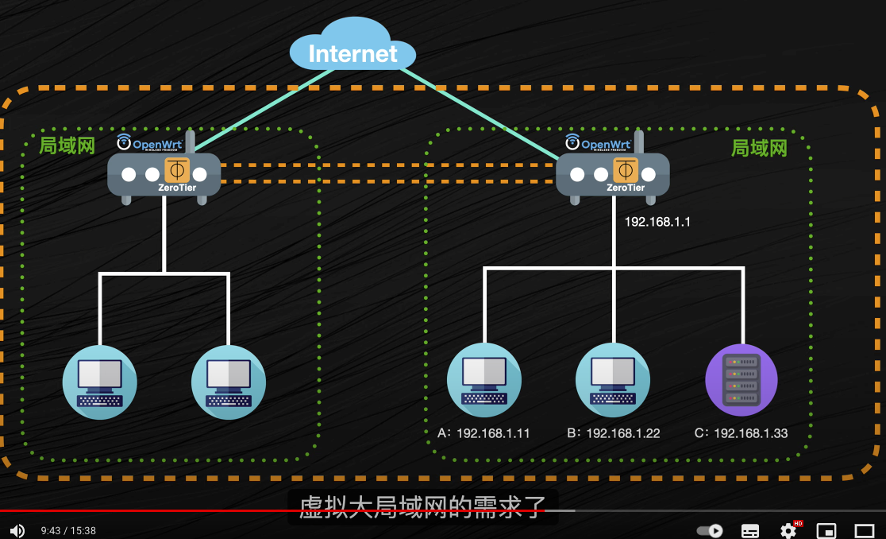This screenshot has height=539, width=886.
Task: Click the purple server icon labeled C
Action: [x=742, y=380]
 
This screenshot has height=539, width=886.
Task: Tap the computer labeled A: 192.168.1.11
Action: [x=484, y=380]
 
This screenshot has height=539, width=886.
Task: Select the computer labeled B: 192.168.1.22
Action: [x=613, y=380]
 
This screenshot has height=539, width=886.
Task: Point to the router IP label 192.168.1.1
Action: [x=657, y=222]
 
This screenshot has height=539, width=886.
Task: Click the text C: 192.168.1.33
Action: [x=741, y=433]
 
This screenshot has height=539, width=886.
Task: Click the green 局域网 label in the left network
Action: [x=67, y=145]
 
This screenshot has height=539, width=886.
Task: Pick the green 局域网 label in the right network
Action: [x=759, y=148]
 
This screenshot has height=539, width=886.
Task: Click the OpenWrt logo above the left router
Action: [x=150, y=143]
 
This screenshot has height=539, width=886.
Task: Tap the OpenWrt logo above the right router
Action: [x=599, y=143]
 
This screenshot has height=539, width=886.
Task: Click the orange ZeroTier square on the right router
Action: [x=625, y=171]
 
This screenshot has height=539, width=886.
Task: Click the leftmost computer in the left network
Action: [x=100, y=382]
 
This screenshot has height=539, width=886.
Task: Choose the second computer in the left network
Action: [x=229, y=382]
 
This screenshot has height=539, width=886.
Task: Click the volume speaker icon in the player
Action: [x=17, y=530]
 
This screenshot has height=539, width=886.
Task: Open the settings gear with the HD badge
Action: [x=788, y=530]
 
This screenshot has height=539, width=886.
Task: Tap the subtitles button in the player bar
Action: [x=750, y=530]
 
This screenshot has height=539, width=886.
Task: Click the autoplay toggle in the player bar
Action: [x=711, y=530]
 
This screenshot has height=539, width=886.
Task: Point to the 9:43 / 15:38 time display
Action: [x=68, y=530]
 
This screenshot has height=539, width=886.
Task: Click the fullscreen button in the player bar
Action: [x=864, y=530]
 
